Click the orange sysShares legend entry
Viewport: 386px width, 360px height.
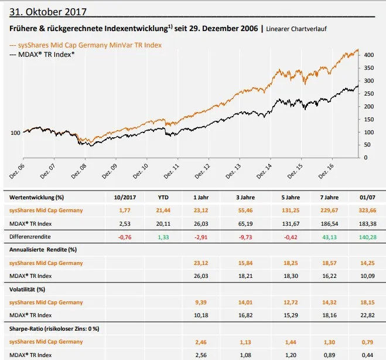86,45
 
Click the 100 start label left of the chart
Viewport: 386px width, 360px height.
16,133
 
